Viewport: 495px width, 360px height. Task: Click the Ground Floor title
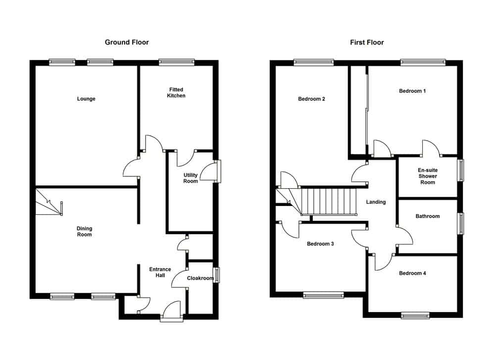click(x=127, y=42)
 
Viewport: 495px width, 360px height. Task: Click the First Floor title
click(x=367, y=42)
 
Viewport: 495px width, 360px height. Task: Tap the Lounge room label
click(x=86, y=99)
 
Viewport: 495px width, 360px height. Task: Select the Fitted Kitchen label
click(x=176, y=93)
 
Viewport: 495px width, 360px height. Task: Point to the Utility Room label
click(x=191, y=178)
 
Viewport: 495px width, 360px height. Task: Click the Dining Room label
click(x=84, y=231)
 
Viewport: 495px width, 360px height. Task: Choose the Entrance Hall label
click(x=160, y=272)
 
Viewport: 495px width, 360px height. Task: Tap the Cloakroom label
click(x=200, y=278)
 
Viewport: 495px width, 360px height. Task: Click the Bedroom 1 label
click(x=412, y=91)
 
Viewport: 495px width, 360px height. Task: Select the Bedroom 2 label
click(x=311, y=99)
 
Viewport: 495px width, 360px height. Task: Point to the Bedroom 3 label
click(x=320, y=244)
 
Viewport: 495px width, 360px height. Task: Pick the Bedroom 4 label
click(x=412, y=273)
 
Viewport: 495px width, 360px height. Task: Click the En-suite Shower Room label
click(x=428, y=176)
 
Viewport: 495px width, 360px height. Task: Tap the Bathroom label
click(x=428, y=216)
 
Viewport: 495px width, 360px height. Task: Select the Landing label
click(x=376, y=202)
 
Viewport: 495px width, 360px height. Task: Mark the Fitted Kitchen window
click(x=177, y=62)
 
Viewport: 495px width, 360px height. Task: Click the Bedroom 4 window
click(x=415, y=315)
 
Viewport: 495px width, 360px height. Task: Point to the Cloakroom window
click(x=216, y=275)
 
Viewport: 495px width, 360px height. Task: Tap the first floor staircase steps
click(x=329, y=202)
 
